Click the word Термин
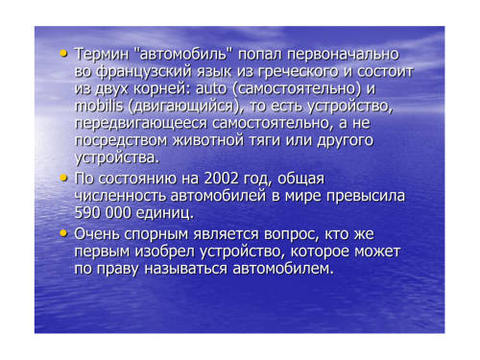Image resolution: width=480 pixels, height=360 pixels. pos(102,54)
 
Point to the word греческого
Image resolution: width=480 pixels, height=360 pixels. pos(298,72)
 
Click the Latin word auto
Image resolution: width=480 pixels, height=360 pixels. pos(211,88)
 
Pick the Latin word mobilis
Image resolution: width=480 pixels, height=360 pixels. pos(99,106)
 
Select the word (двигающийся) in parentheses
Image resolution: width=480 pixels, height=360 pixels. pos(183,107)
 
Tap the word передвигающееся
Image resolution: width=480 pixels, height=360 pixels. pos(141,124)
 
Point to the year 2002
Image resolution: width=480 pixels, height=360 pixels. pos(221,179)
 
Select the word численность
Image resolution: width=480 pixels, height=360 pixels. pos(120,196)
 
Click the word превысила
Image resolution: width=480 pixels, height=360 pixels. pos(366,196)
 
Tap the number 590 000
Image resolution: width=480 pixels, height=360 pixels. pos(103,213)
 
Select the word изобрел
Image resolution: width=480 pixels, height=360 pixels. pos(164,252)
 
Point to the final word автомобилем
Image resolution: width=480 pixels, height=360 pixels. pos(283,269)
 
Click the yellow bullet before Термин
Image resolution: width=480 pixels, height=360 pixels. pos(64,54)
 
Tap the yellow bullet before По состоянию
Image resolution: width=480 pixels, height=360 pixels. pos(64,178)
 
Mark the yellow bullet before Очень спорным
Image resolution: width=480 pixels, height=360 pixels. pos(64,233)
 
